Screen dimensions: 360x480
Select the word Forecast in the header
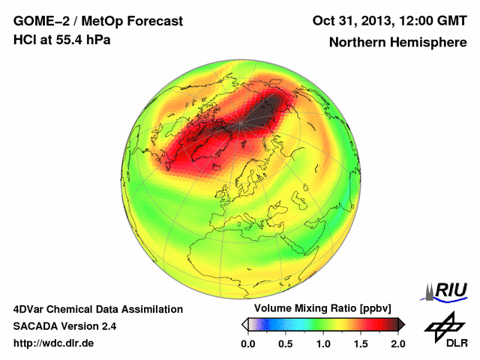[x=154, y=21]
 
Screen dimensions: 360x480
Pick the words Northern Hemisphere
[x=397, y=43]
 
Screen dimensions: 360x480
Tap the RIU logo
[x=448, y=291]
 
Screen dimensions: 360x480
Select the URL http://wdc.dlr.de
[x=54, y=343]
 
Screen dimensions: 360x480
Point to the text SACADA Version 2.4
[x=64, y=326]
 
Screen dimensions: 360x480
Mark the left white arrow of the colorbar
[x=244, y=324]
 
